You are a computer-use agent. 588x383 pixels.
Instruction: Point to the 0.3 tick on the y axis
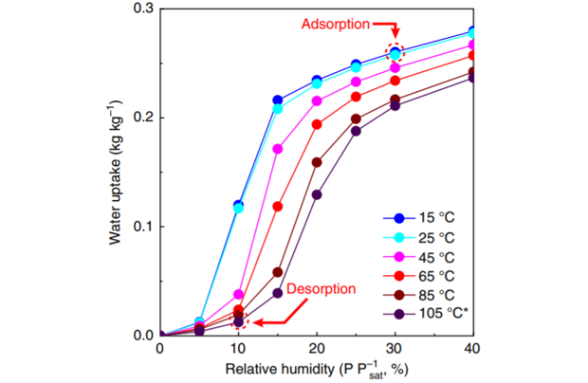click(141, 9)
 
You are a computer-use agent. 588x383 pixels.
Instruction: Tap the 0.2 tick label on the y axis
click(141, 118)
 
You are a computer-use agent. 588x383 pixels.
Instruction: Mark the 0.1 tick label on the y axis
click(141, 227)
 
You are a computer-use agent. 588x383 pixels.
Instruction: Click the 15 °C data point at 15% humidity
click(278, 100)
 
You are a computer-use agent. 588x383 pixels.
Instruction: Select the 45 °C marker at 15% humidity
click(278, 149)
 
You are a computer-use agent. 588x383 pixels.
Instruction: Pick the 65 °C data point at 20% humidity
click(317, 124)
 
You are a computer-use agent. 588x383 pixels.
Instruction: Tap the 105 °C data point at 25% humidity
click(356, 131)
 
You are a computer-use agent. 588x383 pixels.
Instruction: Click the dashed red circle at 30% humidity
click(395, 53)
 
